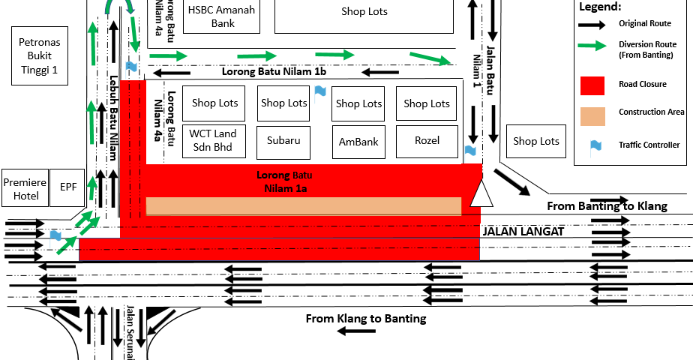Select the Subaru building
tap(283, 140)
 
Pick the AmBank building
tap(358, 141)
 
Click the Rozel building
tap(427, 140)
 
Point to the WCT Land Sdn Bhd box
tap(213, 140)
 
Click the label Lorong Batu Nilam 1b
tap(274, 72)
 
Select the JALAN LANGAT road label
tap(522, 232)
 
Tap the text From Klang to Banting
tap(365, 319)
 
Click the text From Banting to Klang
tap(607, 206)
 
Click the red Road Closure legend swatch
tap(592, 85)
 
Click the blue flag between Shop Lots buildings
tap(320, 91)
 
